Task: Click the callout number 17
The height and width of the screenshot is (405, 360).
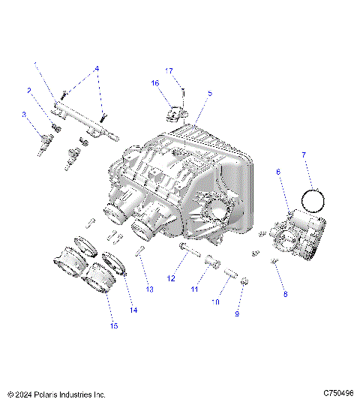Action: tap(169, 70)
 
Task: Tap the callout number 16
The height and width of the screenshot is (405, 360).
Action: tap(155, 83)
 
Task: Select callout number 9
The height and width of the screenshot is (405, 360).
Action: tap(237, 314)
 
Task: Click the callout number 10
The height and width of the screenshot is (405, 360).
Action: tap(215, 302)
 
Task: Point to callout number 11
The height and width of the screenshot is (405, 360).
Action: tap(193, 289)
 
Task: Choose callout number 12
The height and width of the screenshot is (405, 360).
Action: tap(171, 278)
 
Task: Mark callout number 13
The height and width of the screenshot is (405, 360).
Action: tap(148, 289)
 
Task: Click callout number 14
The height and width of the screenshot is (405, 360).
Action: tap(133, 310)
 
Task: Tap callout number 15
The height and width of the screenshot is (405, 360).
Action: tap(113, 325)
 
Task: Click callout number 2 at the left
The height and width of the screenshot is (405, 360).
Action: tap(29, 91)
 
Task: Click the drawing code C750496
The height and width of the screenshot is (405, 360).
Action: tap(339, 394)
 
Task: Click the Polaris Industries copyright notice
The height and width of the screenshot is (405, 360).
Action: tap(56, 394)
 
